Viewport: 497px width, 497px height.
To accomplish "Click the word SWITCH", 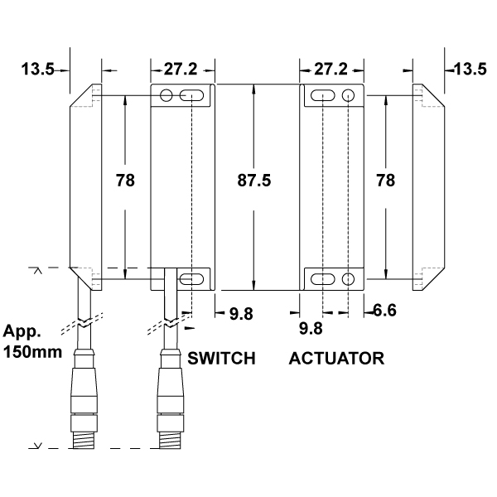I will click(x=220, y=359).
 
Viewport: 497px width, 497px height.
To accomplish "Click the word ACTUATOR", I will click(x=337, y=359).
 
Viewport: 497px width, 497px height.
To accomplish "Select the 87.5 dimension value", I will click(x=254, y=180).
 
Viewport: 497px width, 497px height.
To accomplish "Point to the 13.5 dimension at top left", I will click(x=38, y=70).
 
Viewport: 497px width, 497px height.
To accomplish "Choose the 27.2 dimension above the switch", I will click(x=181, y=70).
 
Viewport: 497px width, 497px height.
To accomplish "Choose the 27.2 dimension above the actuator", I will click(x=330, y=70).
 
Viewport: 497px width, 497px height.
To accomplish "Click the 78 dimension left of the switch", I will click(x=126, y=180).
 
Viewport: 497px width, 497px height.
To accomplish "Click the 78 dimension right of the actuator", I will click(x=385, y=180).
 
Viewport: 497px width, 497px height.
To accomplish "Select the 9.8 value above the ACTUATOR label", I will click(x=310, y=328).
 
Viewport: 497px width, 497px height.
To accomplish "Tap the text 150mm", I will click(x=31, y=351).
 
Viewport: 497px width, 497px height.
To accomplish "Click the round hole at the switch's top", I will click(x=166, y=97).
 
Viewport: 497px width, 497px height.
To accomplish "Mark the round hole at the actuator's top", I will click(x=349, y=97).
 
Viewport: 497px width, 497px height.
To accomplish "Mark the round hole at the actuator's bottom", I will click(x=349, y=278).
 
